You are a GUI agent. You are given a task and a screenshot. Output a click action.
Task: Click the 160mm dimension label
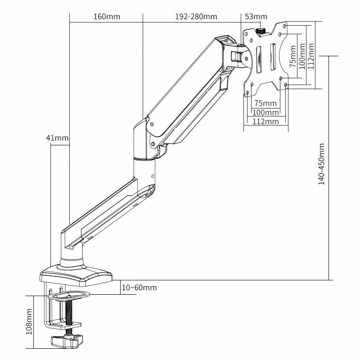(107, 17)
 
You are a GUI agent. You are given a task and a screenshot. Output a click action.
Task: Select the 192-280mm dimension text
(196, 17)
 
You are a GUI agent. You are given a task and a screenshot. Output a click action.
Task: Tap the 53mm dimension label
(256, 17)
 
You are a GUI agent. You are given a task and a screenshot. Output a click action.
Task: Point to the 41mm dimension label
(57, 138)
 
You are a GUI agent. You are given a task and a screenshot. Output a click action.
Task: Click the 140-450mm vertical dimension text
(321, 164)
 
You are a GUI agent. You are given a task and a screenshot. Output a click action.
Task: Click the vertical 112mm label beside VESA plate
(310, 54)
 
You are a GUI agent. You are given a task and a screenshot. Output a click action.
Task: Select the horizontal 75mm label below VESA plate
(265, 103)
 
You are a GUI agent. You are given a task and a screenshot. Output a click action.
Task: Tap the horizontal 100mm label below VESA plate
(265, 112)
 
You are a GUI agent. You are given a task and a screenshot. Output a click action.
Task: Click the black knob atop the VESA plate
(261, 31)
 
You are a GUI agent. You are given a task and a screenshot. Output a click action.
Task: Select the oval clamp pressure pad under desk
(68, 296)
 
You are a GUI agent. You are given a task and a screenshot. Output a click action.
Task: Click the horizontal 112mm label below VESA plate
(265, 121)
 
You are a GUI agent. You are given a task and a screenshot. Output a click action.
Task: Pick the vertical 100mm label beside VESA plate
(301, 54)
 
